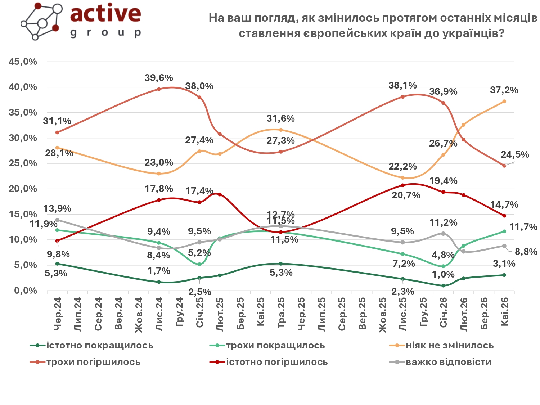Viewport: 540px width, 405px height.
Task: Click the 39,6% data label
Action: click(159, 78)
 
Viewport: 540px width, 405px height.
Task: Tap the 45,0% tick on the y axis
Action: click(23, 62)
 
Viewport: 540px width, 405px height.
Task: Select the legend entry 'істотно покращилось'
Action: click(99, 346)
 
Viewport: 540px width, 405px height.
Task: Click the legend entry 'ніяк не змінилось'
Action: click(450, 346)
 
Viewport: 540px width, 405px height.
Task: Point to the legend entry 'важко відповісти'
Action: click(448, 362)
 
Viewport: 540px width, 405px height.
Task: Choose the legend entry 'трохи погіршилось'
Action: click(93, 362)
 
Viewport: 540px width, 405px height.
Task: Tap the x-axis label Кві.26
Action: click(504, 312)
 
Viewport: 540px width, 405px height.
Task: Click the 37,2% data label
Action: click(504, 90)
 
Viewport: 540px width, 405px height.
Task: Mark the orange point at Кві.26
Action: click(504, 102)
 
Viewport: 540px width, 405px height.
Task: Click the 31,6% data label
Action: click(280, 118)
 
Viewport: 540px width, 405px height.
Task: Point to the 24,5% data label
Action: click(515, 154)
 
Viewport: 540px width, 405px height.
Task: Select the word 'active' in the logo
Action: click(105, 13)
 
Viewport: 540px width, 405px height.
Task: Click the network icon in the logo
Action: click(41, 21)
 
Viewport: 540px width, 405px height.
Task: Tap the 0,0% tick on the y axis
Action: click(26, 291)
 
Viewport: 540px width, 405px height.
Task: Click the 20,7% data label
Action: click(406, 195)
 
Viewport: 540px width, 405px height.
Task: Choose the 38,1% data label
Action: click(402, 85)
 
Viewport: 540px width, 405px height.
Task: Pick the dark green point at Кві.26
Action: click(504, 275)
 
